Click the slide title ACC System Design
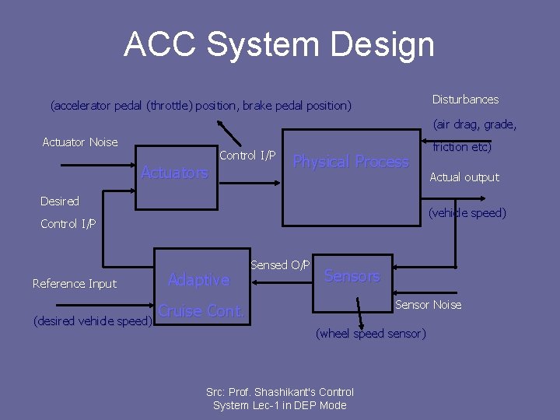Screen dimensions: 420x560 click(x=279, y=44)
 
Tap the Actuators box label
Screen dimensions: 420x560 click(x=174, y=173)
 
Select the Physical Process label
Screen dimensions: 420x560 click(x=350, y=162)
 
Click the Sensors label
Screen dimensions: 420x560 click(x=352, y=276)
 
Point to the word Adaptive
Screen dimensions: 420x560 click(x=199, y=279)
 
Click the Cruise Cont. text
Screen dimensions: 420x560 click(x=201, y=311)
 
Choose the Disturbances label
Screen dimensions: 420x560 click(x=465, y=100)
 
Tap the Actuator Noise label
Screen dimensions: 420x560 click(x=80, y=142)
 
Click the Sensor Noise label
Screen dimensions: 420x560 click(x=428, y=305)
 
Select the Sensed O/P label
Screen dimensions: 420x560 click(x=280, y=265)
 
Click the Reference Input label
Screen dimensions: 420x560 click(x=75, y=284)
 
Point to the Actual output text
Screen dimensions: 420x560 click(x=464, y=177)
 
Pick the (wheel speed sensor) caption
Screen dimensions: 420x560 click(x=371, y=334)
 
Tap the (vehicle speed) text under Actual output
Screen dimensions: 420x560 click(x=467, y=213)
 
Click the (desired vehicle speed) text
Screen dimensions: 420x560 click(x=92, y=321)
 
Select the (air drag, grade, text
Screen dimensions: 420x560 click(x=474, y=124)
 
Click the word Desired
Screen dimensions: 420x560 click(x=60, y=201)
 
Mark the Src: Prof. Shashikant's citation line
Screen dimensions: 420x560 click(x=279, y=392)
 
